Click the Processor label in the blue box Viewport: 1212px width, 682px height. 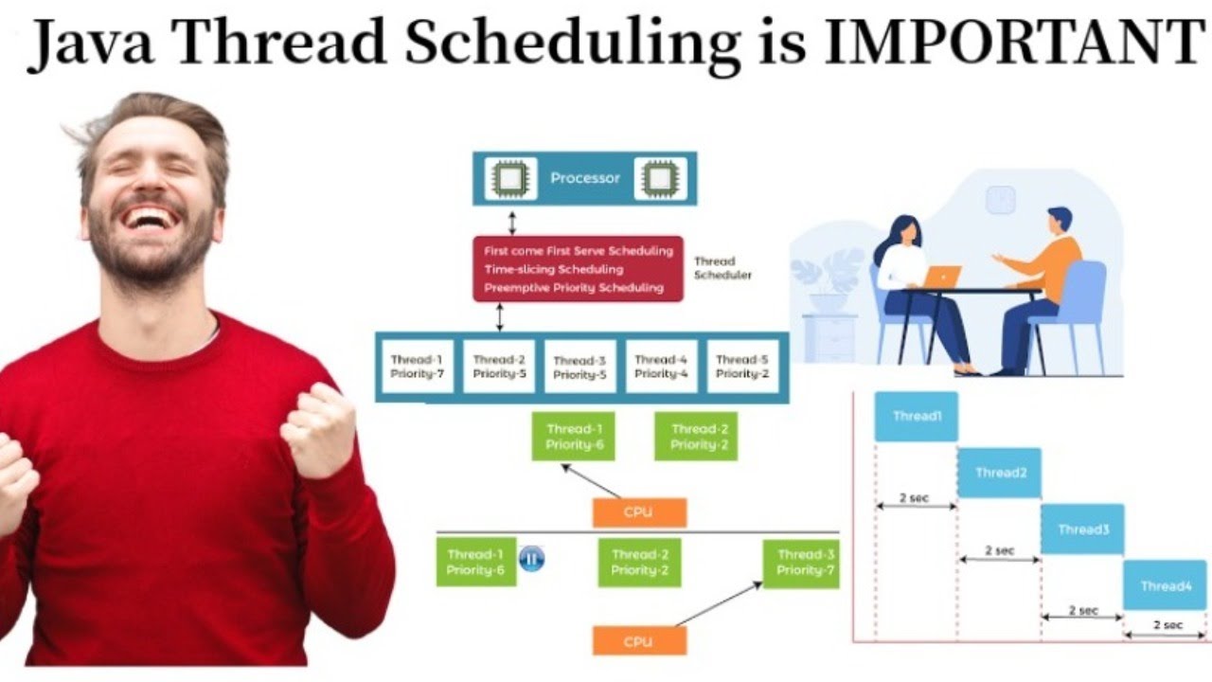point(585,178)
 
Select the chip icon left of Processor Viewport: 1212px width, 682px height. point(510,178)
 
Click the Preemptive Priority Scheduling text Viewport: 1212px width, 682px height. point(573,287)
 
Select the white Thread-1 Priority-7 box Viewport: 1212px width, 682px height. point(417,367)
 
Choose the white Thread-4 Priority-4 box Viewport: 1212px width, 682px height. point(661,367)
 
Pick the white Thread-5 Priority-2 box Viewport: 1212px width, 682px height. point(742,367)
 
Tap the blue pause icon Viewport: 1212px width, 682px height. point(531,559)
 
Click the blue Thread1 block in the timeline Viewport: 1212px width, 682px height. point(916,417)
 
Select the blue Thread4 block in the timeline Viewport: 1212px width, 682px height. point(1165,585)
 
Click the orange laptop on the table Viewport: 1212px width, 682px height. point(941,277)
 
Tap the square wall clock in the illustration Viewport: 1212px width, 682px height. point(1000,200)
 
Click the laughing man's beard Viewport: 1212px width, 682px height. point(151,251)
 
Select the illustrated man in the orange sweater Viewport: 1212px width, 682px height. point(1042,284)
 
